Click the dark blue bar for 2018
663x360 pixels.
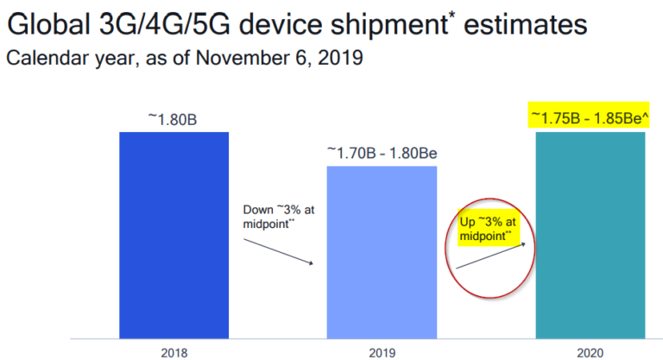coord(174,234)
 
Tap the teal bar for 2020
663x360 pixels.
coord(590,234)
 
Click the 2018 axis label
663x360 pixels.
coord(174,350)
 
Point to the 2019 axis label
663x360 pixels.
coord(381,350)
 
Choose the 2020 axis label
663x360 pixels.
coord(591,350)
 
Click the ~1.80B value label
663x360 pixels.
coord(174,119)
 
